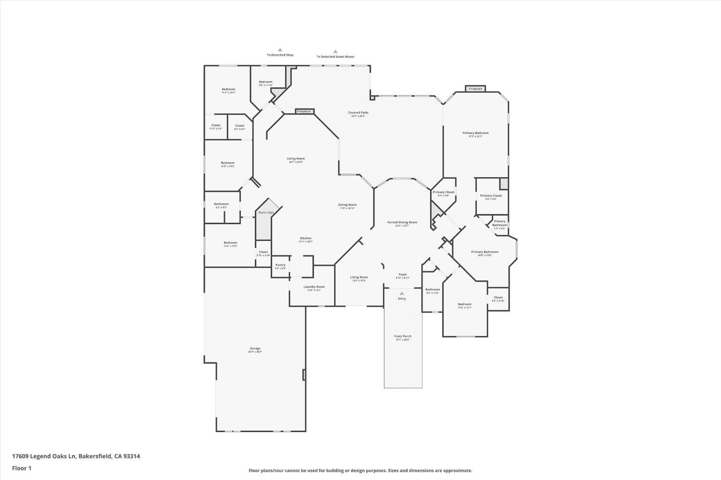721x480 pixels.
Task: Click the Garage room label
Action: coord(255,348)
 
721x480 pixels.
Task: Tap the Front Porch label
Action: coord(403,336)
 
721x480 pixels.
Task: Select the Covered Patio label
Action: coord(358,113)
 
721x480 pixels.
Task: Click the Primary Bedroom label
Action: coord(475,133)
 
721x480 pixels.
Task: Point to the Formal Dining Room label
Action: coord(402,222)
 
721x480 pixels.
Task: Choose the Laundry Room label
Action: coord(314,287)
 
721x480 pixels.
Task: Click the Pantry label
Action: coord(280,265)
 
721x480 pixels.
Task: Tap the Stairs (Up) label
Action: coord(266,212)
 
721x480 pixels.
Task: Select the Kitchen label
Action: coord(306,239)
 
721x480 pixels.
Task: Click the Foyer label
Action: coord(402,275)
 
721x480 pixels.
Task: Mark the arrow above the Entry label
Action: coord(402,293)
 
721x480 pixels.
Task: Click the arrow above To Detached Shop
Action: coord(280,49)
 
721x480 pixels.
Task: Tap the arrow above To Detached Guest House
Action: coord(335,51)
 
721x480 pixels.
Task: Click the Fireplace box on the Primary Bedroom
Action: coord(475,89)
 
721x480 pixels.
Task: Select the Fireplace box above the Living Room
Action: coord(304,111)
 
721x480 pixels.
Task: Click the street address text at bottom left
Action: coord(76,456)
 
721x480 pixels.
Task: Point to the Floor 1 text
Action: coord(22,468)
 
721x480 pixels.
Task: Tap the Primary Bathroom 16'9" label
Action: coord(485,252)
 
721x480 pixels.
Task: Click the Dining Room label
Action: coord(347,205)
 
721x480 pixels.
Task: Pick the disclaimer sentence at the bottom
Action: coord(360,471)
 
